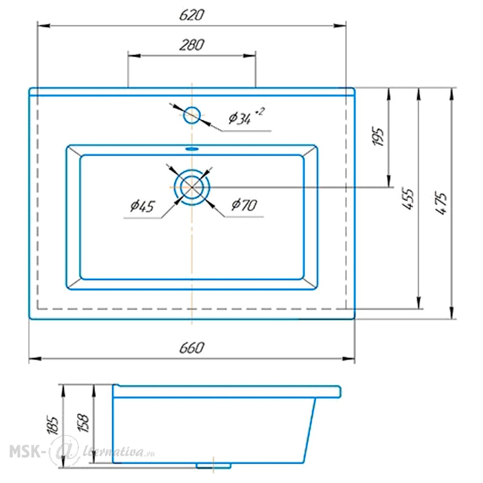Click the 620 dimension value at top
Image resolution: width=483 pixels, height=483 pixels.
tap(192, 15)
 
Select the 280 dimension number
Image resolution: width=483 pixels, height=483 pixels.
tap(192, 44)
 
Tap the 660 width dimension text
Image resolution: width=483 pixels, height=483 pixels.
tap(192, 348)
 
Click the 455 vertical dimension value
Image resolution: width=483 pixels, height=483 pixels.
tap(408, 199)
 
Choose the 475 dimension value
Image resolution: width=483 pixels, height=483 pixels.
tap(440, 204)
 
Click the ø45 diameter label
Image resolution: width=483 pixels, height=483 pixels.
tap(142, 206)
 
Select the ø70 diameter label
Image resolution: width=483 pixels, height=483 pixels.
tap(244, 204)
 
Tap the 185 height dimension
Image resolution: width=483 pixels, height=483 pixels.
tap(53, 425)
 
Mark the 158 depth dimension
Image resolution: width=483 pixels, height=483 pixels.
tap(84, 423)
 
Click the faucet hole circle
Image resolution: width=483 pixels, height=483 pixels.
tap(192, 115)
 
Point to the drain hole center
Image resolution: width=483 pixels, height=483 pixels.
tap(192, 187)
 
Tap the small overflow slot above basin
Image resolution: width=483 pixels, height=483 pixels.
tap(192, 149)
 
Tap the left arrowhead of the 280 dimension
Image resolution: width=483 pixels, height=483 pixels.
tap(134, 56)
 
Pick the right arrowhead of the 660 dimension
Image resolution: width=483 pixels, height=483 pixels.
tap(349, 358)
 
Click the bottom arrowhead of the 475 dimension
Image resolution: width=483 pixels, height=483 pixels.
tap(452, 313)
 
